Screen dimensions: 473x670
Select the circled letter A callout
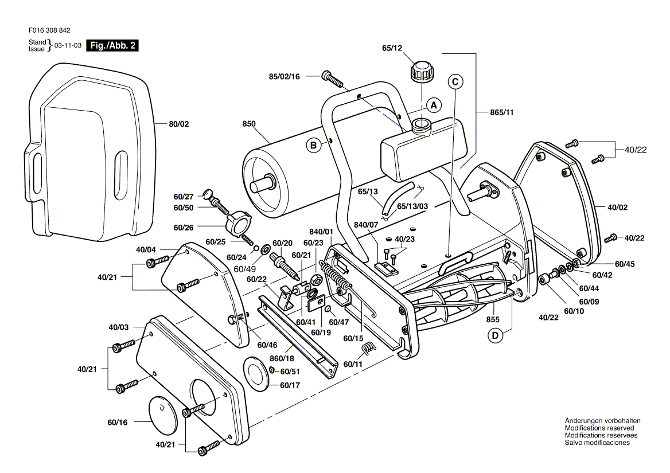434,105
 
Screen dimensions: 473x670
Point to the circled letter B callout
314,146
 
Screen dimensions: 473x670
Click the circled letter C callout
455,82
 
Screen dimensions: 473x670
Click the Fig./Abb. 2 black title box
111,46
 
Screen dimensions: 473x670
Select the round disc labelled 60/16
165,412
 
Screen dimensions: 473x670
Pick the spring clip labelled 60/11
370,347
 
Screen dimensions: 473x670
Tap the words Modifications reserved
599,428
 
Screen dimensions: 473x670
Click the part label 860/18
282,357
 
